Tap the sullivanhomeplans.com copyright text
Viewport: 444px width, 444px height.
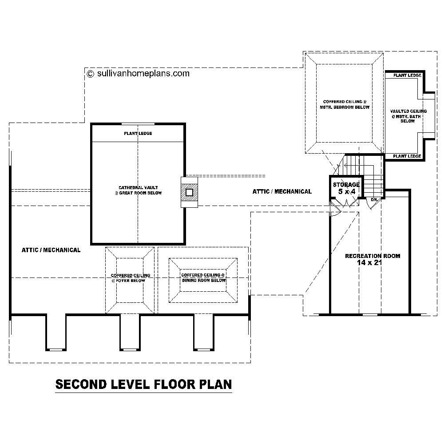(139, 73)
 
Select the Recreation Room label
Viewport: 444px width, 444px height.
(373, 256)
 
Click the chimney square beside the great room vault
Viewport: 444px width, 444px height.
(189, 192)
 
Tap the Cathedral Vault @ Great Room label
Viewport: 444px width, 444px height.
(138, 190)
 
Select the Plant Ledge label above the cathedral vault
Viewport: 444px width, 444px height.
(138, 133)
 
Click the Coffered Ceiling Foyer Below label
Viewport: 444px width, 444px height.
(131, 278)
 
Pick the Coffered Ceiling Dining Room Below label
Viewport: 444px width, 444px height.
(203, 278)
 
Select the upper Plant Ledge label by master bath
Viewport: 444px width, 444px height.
(407, 75)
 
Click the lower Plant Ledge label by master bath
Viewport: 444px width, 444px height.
(407, 156)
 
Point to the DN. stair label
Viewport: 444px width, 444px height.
(374, 200)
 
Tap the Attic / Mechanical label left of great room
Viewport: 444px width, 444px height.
(51, 250)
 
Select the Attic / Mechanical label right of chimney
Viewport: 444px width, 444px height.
(282, 191)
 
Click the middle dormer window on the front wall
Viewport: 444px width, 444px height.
(130, 349)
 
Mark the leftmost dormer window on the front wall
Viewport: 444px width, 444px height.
(55, 349)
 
